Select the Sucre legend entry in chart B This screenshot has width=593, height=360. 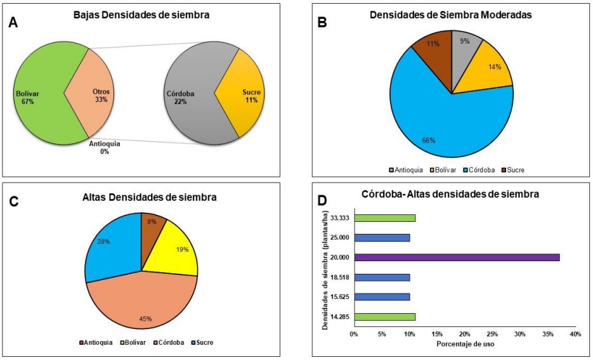514,170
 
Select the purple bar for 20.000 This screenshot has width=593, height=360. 456,257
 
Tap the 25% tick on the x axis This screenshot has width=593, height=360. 492,335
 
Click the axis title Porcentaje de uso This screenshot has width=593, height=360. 465,344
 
